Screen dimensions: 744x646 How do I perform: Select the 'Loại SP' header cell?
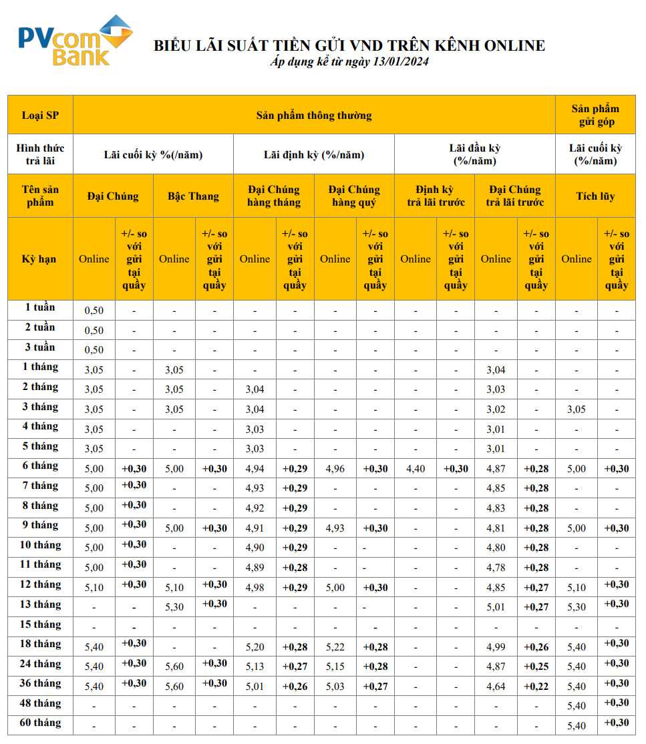[40, 115]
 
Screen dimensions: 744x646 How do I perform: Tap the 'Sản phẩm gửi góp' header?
[595, 115]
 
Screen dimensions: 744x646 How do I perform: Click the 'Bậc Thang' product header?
[193, 196]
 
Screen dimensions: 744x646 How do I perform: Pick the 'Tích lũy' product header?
[595, 196]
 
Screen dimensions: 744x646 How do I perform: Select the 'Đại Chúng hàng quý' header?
[354, 196]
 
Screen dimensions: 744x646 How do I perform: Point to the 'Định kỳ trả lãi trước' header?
[434, 196]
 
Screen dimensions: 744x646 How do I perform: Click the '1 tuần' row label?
[40, 308]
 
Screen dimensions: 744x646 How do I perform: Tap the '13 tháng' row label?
[40, 605]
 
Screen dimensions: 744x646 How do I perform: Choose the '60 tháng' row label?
[40, 723]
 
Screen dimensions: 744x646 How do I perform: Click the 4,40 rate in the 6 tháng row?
[415, 469]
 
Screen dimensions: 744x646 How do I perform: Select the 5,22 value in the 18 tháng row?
[335, 647]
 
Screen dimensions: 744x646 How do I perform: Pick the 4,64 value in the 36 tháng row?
[496, 687]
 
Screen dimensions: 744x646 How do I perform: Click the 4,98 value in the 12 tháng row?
[255, 588]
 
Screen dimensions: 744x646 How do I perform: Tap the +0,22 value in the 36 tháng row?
[536, 687]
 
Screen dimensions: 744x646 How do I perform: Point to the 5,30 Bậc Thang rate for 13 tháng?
[174, 608]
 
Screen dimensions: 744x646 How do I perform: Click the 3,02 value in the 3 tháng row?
[496, 409]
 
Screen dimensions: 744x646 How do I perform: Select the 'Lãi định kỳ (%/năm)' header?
[314, 154]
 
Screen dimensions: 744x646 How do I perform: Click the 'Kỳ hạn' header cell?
[40, 258]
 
